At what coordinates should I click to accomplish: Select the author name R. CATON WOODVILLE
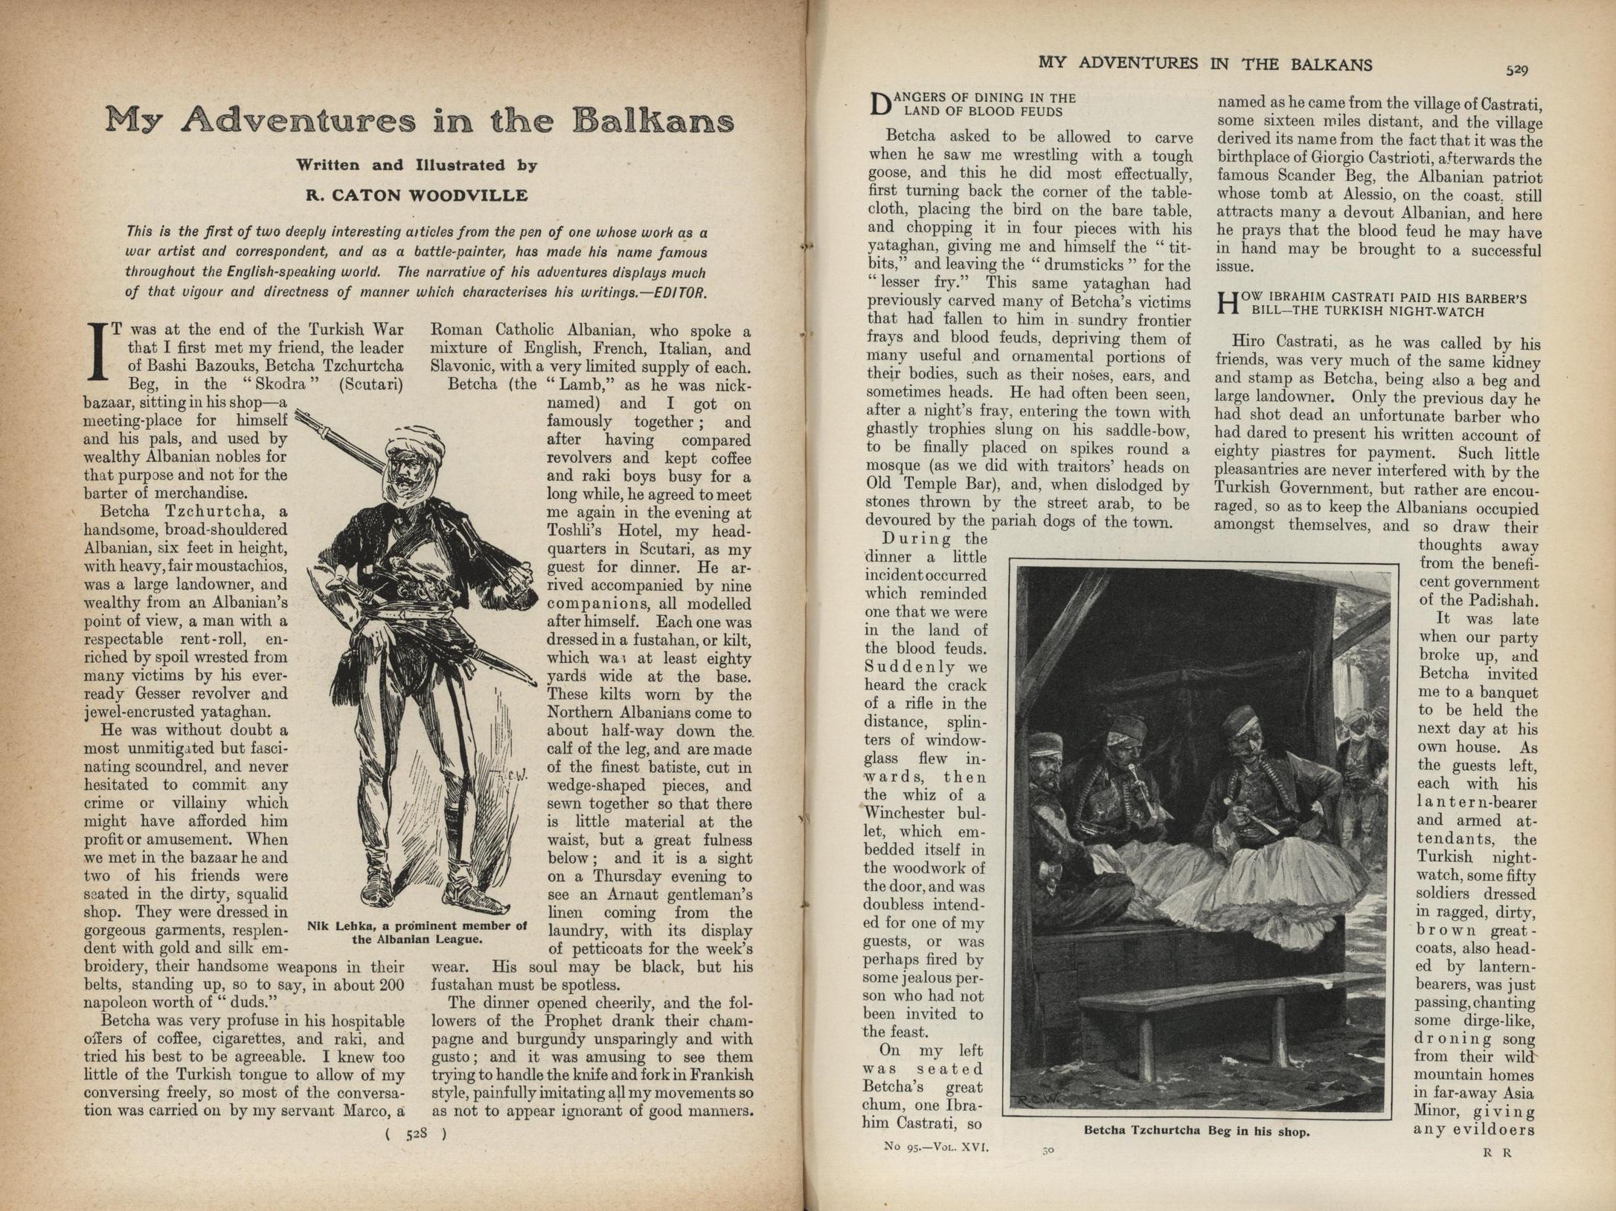[x=417, y=196]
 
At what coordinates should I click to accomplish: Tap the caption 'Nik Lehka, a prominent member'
[x=417, y=926]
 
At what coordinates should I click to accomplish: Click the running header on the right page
[x=1205, y=64]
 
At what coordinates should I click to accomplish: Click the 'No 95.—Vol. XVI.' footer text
[x=936, y=1147]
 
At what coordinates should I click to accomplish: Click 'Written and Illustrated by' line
[x=417, y=165]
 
